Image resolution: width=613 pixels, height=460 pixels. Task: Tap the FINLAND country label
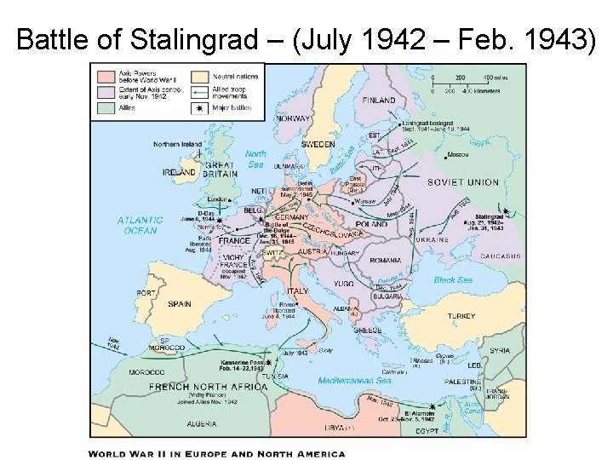(379, 101)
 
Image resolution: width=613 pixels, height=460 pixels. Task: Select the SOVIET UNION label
(463, 182)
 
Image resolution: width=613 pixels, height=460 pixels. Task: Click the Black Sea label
(452, 280)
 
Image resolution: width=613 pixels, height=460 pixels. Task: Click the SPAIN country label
(179, 303)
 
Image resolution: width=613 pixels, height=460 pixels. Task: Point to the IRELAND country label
(179, 171)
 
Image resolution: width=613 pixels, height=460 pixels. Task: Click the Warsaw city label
(364, 202)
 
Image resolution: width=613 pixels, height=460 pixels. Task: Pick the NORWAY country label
(292, 118)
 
